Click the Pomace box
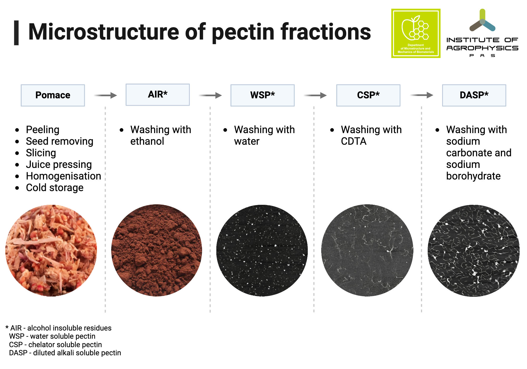(53, 95)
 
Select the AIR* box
(158, 94)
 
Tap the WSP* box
(262, 95)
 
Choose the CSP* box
(368, 95)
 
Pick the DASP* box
(474, 95)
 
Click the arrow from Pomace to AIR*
(105, 95)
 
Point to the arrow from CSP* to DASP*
(422, 95)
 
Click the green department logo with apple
(416, 33)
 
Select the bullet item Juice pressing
(59, 164)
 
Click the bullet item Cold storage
(55, 188)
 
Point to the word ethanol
(147, 141)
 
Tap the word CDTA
(353, 141)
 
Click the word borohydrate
(473, 176)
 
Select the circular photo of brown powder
(157, 250)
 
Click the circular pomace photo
(51, 250)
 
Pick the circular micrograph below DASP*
(473, 250)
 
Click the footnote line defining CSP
(55, 344)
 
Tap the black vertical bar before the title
(16, 33)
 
